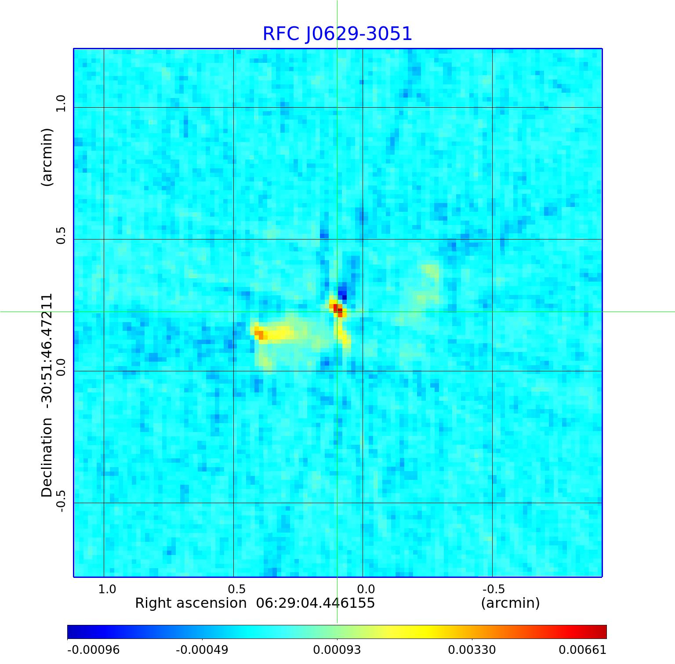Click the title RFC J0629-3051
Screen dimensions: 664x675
click(x=337, y=34)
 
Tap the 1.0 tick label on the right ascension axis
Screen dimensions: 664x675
click(x=107, y=589)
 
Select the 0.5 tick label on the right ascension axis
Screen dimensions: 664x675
click(x=236, y=589)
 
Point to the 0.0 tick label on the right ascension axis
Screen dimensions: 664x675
click(x=366, y=589)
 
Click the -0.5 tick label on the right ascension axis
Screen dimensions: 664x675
click(x=494, y=589)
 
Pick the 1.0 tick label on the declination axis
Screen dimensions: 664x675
click(x=60, y=104)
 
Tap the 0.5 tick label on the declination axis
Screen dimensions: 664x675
click(x=60, y=236)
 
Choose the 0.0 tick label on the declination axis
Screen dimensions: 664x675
click(x=60, y=367)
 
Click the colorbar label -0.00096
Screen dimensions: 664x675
click(x=93, y=649)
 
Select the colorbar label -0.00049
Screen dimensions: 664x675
click(x=202, y=649)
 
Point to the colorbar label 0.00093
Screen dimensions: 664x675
click(x=337, y=649)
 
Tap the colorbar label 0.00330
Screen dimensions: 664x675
click(x=472, y=649)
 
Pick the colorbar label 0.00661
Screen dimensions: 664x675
click(x=582, y=649)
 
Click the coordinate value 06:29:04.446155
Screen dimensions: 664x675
click(x=316, y=603)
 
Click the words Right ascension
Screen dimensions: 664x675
click(x=191, y=603)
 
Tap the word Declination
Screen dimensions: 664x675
click(x=47, y=457)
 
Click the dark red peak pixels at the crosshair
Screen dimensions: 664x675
click(x=337, y=309)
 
